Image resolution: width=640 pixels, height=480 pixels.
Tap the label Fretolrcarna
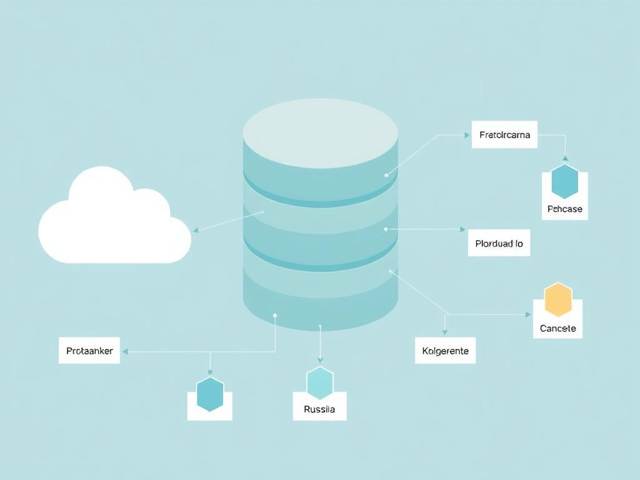504,134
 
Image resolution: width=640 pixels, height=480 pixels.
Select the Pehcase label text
564,209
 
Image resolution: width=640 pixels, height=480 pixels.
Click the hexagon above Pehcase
565,182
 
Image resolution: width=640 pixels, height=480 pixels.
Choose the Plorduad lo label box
499,243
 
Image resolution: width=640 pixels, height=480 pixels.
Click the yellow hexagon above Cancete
558,300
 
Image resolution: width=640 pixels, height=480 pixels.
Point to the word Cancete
557,328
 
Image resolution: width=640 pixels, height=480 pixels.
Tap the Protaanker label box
89,351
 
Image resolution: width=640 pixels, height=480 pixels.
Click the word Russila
319,409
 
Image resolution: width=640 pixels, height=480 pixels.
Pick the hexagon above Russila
320,383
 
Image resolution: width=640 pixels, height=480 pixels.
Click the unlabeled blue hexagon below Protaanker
210,394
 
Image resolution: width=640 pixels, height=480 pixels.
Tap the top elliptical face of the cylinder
320,133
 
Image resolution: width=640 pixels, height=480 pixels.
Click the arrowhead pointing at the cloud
196,230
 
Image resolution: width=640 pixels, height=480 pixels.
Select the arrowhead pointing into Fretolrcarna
467,134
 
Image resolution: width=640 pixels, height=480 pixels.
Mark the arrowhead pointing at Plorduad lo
462,229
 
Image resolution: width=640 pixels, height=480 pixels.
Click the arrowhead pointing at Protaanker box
125,352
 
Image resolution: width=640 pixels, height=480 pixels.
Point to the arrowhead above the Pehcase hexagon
565,159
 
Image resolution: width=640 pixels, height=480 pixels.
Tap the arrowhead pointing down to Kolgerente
445,332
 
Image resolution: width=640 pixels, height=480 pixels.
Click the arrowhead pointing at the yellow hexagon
528,314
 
